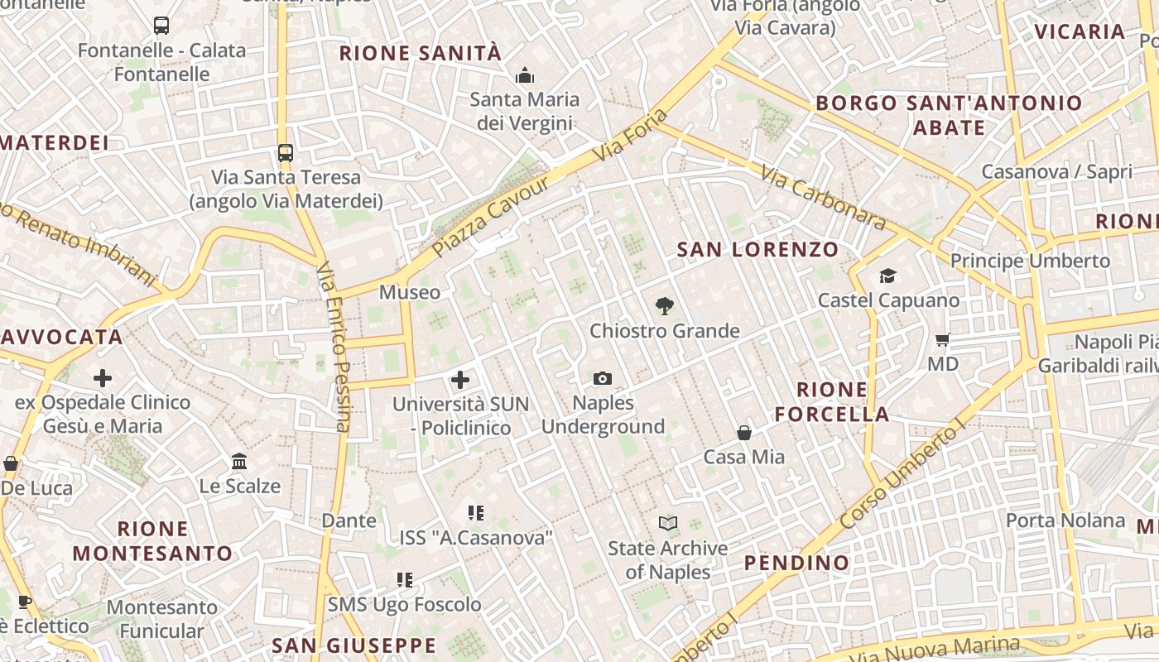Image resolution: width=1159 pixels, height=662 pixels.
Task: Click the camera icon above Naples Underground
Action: tap(603, 379)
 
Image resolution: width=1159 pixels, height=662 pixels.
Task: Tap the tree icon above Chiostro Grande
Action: tap(664, 307)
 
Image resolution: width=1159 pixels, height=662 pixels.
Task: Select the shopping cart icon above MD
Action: tap(942, 340)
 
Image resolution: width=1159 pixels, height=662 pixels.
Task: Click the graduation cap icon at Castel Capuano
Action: tap(887, 276)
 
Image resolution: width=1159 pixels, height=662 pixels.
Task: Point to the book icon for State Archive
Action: tap(668, 523)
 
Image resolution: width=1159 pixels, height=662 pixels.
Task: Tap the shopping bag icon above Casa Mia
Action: tap(744, 433)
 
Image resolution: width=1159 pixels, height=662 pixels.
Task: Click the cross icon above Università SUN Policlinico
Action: tap(460, 380)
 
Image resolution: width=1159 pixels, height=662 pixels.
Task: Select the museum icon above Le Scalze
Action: tap(239, 461)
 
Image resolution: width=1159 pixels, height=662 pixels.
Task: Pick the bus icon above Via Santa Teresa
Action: tap(286, 153)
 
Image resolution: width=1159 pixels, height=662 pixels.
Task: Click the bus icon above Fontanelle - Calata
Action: tap(161, 26)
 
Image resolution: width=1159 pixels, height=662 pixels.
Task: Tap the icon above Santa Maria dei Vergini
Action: tap(524, 76)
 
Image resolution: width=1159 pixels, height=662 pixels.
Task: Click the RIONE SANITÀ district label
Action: tap(421, 54)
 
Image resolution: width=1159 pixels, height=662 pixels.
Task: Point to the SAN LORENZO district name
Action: tap(757, 249)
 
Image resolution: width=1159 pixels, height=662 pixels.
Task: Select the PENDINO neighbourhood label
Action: tap(796, 564)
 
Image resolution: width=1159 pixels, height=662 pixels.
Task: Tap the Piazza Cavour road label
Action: tap(491, 216)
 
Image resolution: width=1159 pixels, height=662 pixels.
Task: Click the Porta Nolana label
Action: tap(1065, 520)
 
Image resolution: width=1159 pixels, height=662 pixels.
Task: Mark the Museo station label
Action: tap(410, 292)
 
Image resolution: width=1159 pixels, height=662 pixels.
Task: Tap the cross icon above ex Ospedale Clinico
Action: tap(103, 379)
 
